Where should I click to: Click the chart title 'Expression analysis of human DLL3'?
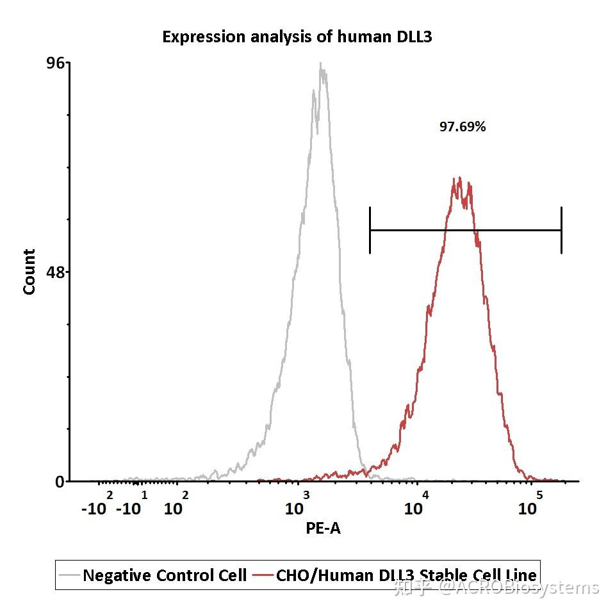(297, 37)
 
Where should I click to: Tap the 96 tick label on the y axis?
(56, 63)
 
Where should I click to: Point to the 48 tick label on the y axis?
(56, 272)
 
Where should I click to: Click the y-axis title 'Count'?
(29, 272)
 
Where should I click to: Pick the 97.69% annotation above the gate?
(463, 127)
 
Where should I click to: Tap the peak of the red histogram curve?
(458, 180)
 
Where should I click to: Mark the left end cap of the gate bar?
(370, 230)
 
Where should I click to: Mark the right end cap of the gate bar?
(561, 230)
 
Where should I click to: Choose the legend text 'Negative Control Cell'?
(165, 575)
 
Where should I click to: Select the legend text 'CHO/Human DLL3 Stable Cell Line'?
(406, 575)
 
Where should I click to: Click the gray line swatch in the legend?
(69, 575)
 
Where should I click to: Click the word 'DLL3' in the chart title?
(411, 37)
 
